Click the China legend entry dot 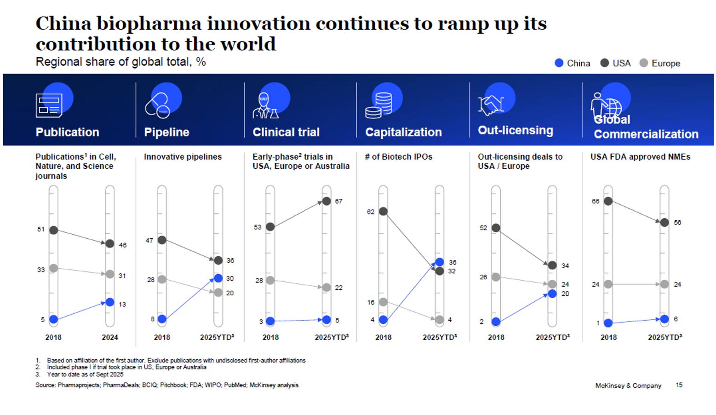coord(559,63)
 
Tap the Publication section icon coord(49,105)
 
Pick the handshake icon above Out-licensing coord(491,104)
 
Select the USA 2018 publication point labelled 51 coord(54,230)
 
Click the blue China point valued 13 coord(110,302)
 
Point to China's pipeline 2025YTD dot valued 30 coord(218,278)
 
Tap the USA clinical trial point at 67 coord(326,201)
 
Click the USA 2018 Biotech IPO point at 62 coord(383,212)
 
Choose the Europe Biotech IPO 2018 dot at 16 coord(383,302)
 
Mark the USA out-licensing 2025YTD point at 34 coord(552,265)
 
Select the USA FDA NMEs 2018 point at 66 coord(608,201)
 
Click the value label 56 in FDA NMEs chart coord(677,223)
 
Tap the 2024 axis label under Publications coord(110,337)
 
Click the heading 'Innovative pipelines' coord(183,157)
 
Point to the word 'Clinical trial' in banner coord(286,133)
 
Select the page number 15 coord(679,385)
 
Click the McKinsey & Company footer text coord(628,386)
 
